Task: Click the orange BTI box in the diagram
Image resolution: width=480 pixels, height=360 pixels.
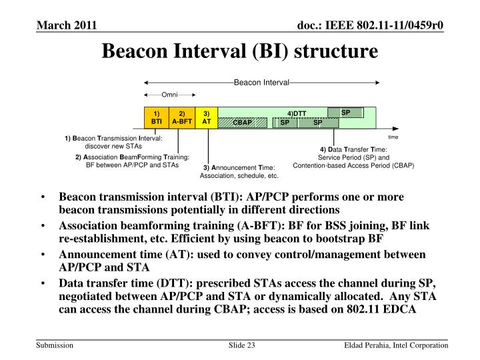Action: coord(157,117)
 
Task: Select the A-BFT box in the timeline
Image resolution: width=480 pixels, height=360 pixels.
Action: coord(181,117)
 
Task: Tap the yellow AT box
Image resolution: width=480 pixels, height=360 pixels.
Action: coord(207,117)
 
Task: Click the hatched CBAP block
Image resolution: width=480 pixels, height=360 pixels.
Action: coord(243,123)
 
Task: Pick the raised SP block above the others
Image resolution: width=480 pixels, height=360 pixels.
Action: coord(345,112)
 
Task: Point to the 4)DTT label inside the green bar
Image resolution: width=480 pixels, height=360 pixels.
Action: coord(297,113)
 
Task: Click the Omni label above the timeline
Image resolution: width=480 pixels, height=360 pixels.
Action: coord(169,95)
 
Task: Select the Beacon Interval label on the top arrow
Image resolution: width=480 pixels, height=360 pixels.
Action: coord(261,82)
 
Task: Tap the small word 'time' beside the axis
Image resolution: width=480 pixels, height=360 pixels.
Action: coord(393,136)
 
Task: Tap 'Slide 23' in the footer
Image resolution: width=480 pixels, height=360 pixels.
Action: coord(242,344)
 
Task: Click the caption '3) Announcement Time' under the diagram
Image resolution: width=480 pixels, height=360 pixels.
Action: coord(239,167)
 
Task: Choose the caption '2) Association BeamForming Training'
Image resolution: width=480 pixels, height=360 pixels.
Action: coord(133,157)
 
